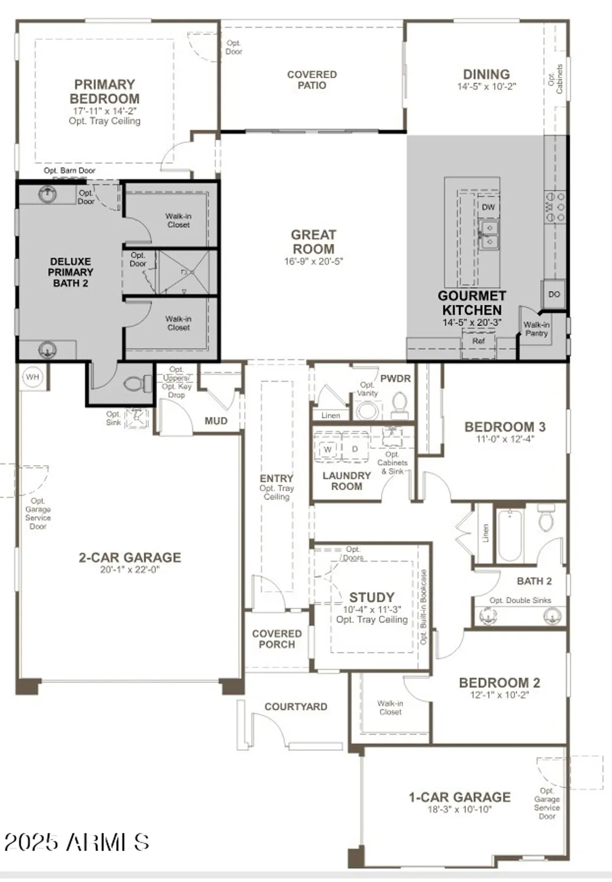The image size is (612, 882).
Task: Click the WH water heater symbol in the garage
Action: click(x=32, y=376)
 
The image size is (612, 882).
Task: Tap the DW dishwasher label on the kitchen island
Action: click(x=488, y=207)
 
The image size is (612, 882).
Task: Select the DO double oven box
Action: click(x=554, y=294)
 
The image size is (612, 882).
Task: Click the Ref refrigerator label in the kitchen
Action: click(x=478, y=341)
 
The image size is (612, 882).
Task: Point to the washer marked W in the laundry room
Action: click(x=327, y=449)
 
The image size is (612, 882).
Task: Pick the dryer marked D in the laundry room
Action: click(x=355, y=449)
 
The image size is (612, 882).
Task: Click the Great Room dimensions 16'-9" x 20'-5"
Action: click(x=313, y=262)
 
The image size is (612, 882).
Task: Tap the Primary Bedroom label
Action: click(x=105, y=92)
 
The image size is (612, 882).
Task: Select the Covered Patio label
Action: click(x=312, y=80)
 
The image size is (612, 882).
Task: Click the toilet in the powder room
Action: click(x=400, y=404)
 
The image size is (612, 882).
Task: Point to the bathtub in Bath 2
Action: click(x=510, y=536)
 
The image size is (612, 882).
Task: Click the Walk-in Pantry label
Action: click(x=536, y=329)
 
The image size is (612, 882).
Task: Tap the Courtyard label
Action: click(x=295, y=707)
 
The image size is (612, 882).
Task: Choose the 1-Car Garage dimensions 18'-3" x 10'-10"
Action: click(x=460, y=810)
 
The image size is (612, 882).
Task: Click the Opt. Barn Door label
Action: click(x=69, y=171)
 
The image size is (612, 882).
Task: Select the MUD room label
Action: click(x=216, y=421)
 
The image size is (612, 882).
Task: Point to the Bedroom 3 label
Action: click(x=504, y=427)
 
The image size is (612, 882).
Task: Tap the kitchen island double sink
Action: click(x=488, y=234)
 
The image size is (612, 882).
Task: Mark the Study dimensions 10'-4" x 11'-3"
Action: click(x=372, y=610)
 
